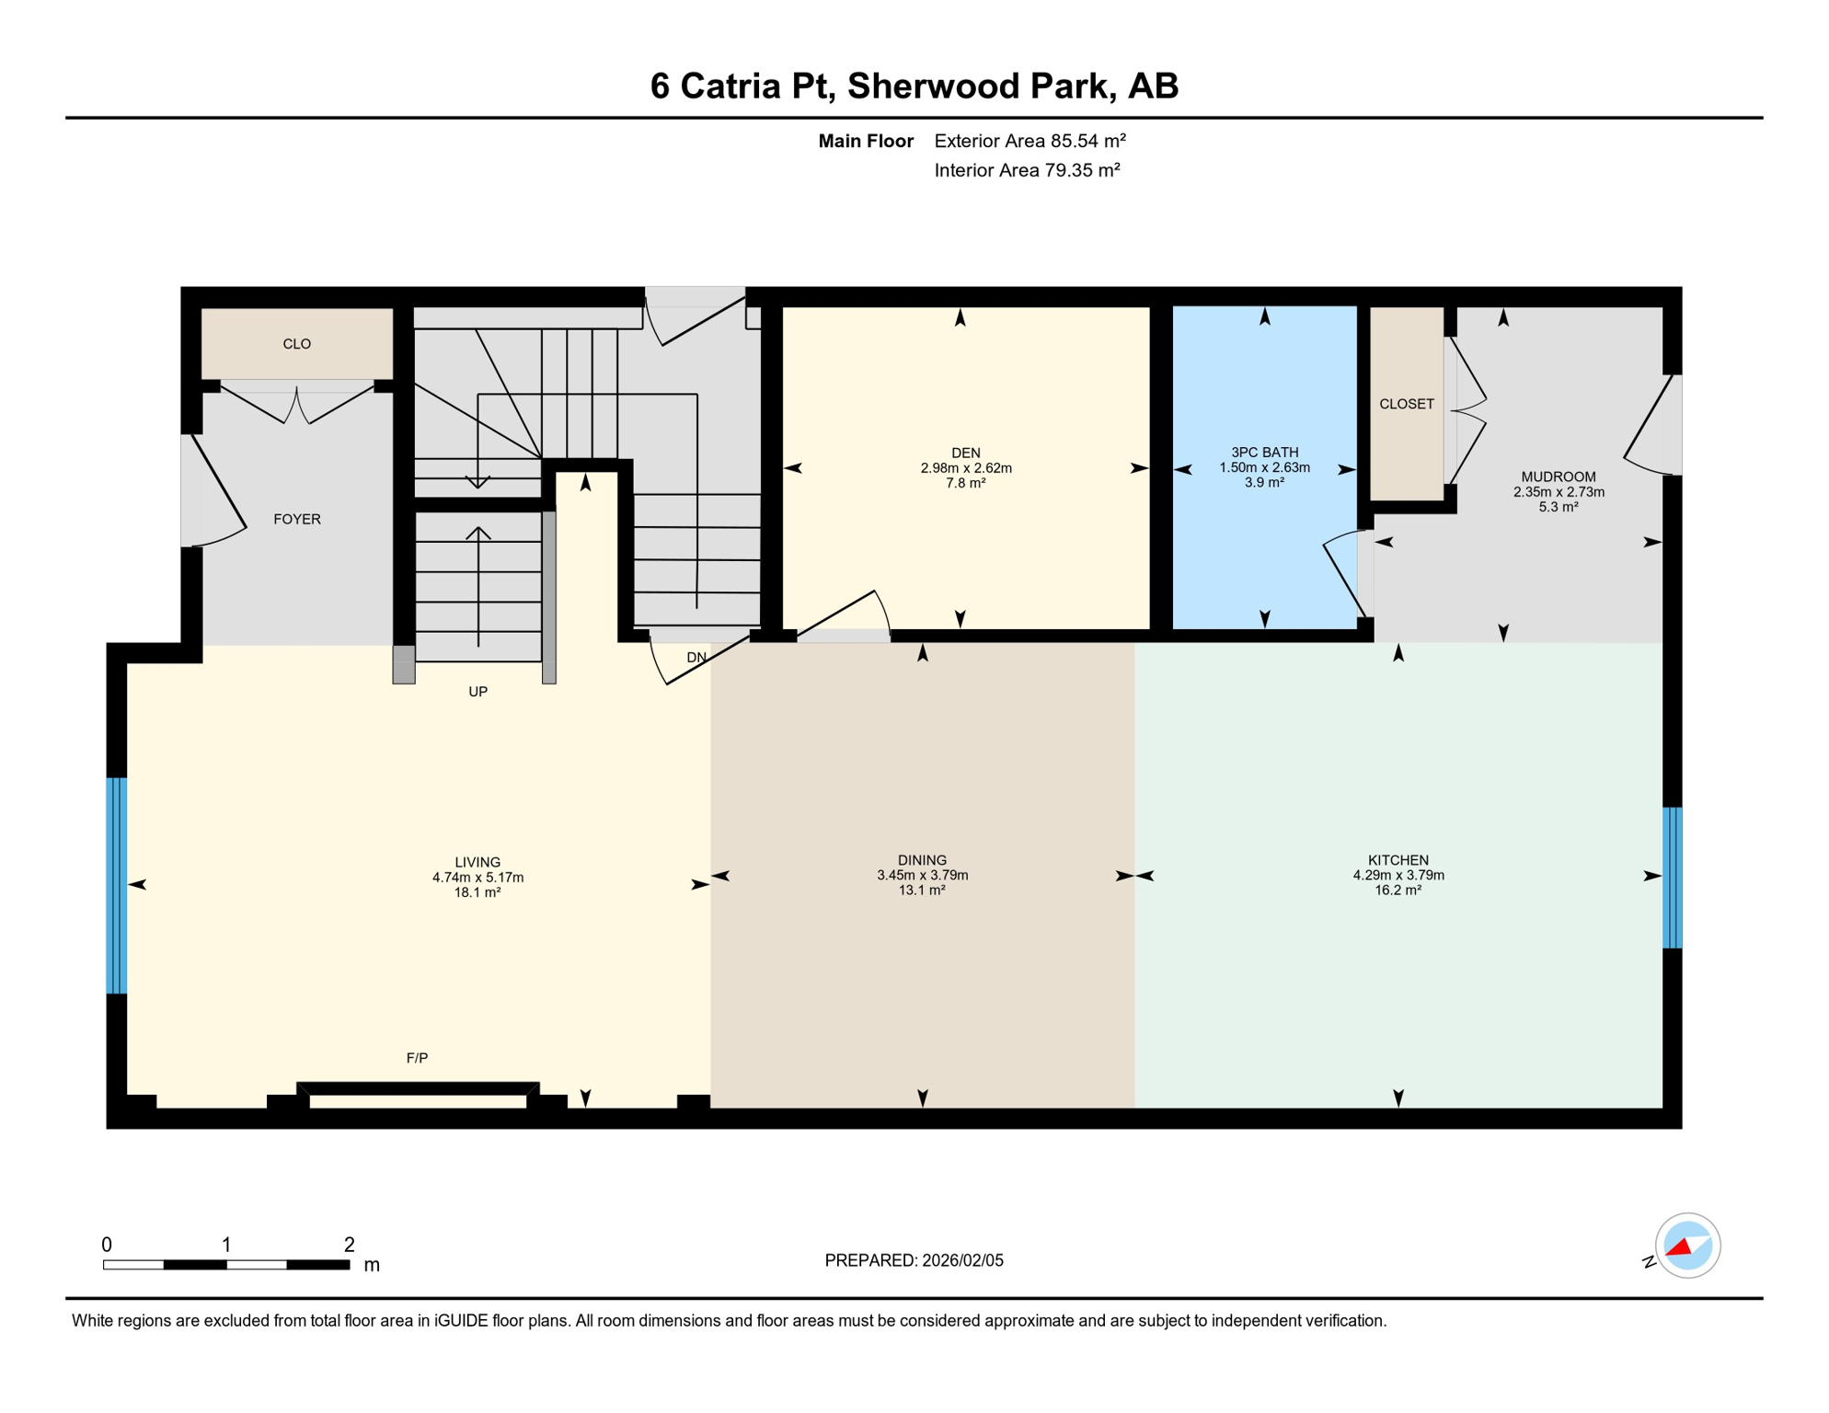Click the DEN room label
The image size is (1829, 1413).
(965, 453)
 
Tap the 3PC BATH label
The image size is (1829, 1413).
(1264, 452)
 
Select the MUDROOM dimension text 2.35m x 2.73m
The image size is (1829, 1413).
(1559, 492)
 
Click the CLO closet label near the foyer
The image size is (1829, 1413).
(296, 344)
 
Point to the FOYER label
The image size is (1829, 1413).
(296, 519)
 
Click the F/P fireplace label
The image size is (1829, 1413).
(417, 1058)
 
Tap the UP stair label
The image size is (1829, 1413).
(477, 692)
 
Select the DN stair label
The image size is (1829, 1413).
(696, 658)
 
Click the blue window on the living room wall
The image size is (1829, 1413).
(116, 885)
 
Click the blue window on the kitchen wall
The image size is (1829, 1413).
(1672, 878)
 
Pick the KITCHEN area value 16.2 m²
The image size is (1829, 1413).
(1398, 890)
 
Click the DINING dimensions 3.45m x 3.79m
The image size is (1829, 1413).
(922, 876)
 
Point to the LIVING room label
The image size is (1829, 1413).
(477, 863)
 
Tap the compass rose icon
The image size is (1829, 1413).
(1687, 1246)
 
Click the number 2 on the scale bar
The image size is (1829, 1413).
(349, 1245)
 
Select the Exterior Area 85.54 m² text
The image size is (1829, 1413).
(1030, 141)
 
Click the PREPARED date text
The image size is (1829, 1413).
(914, 1260)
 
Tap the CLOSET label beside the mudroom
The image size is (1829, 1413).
(1406, 404)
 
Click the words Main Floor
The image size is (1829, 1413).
(865, 141)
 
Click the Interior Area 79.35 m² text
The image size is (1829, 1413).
(1027, 170)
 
